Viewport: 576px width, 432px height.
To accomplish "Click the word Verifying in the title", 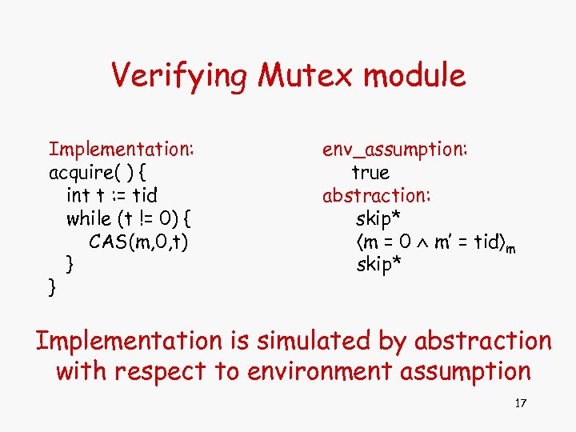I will tap(180, 76).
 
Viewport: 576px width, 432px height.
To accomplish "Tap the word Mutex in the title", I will tap(306, 76).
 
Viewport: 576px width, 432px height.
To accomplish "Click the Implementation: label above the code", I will tap(122, 149).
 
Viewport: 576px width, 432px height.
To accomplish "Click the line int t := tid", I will tap(112, 194).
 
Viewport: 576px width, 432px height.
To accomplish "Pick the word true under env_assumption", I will tap(370, 172).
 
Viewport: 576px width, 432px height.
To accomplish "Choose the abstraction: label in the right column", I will tap(376, 194).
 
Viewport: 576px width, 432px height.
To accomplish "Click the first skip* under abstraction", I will tap(378, 218).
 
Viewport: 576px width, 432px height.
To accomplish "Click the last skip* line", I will tap(378, 264).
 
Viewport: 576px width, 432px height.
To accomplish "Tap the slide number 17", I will tap(520, 403).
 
